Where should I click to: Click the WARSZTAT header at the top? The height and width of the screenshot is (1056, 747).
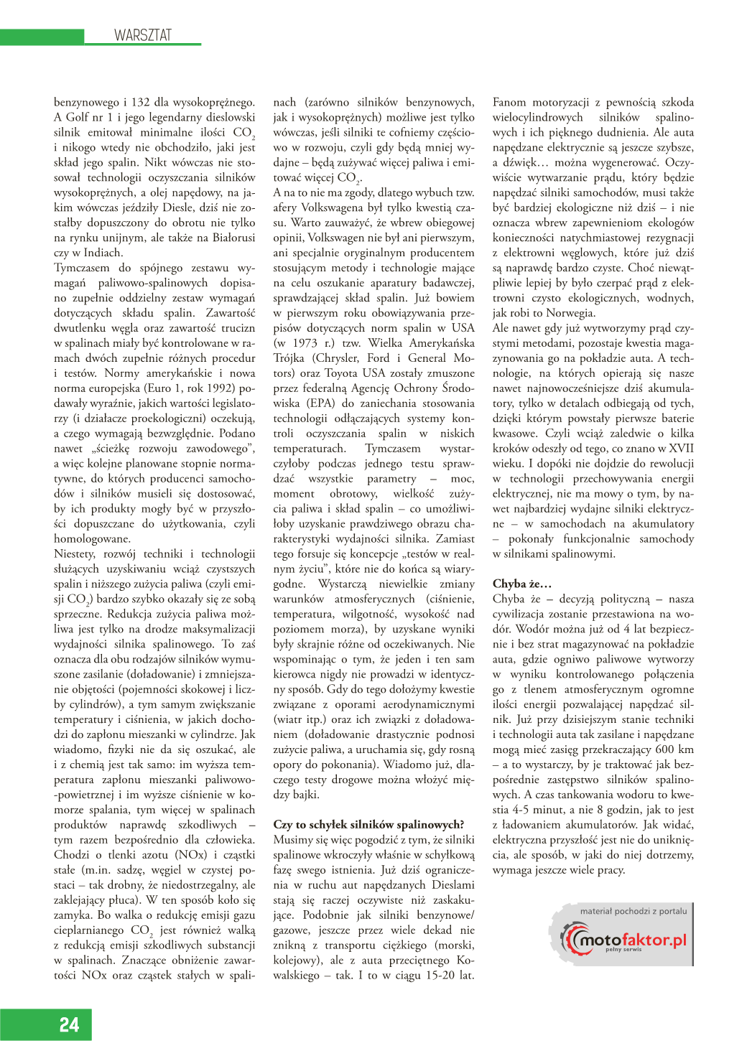point(143,35)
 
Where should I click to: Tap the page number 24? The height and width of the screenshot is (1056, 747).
point(69,1024)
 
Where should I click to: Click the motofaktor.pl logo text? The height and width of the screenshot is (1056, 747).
point(633,940)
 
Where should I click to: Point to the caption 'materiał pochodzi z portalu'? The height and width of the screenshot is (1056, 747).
point(634,911)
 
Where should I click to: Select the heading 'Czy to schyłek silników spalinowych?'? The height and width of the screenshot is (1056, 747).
point(368,824)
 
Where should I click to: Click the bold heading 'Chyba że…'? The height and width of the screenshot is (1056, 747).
point(521,583)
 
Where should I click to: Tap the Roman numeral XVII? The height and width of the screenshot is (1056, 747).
point(680,449)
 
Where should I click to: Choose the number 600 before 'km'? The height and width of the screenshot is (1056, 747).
point(664,749)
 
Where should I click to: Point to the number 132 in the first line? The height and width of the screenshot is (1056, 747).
point(141,102)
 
